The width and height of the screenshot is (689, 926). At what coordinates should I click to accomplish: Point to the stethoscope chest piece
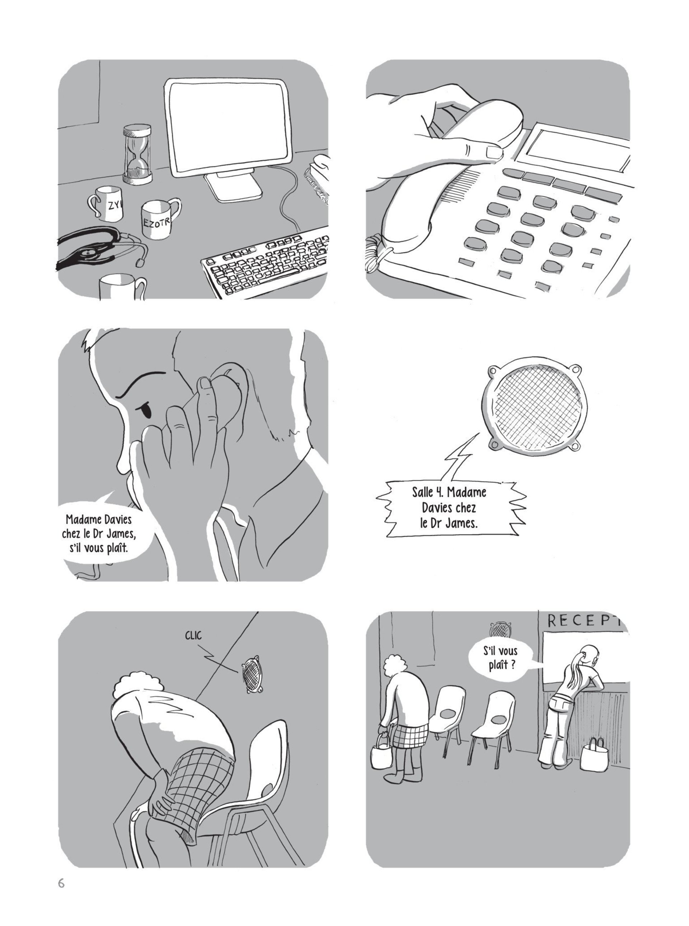[88, 252]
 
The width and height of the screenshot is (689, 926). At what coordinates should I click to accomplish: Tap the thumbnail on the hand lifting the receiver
[495, 152]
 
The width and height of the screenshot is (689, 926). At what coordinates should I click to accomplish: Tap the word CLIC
[193, 635]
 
